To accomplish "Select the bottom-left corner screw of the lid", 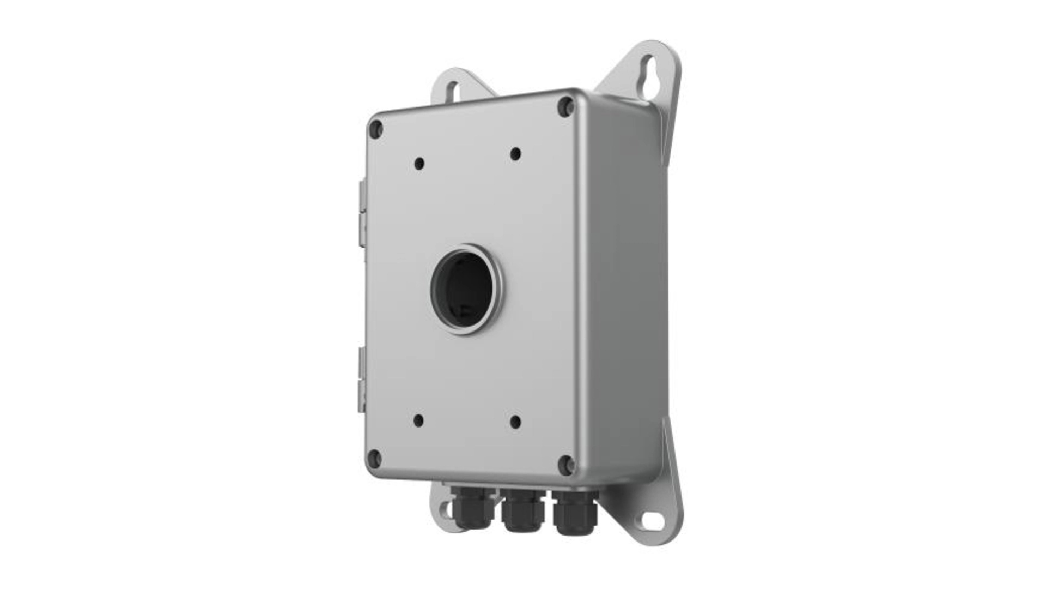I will tap(374, 458).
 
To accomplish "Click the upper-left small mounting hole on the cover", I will tap(419, 163).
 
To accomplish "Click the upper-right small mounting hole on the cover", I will tap(515, 154).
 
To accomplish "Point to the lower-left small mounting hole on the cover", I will tap(418, 420).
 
